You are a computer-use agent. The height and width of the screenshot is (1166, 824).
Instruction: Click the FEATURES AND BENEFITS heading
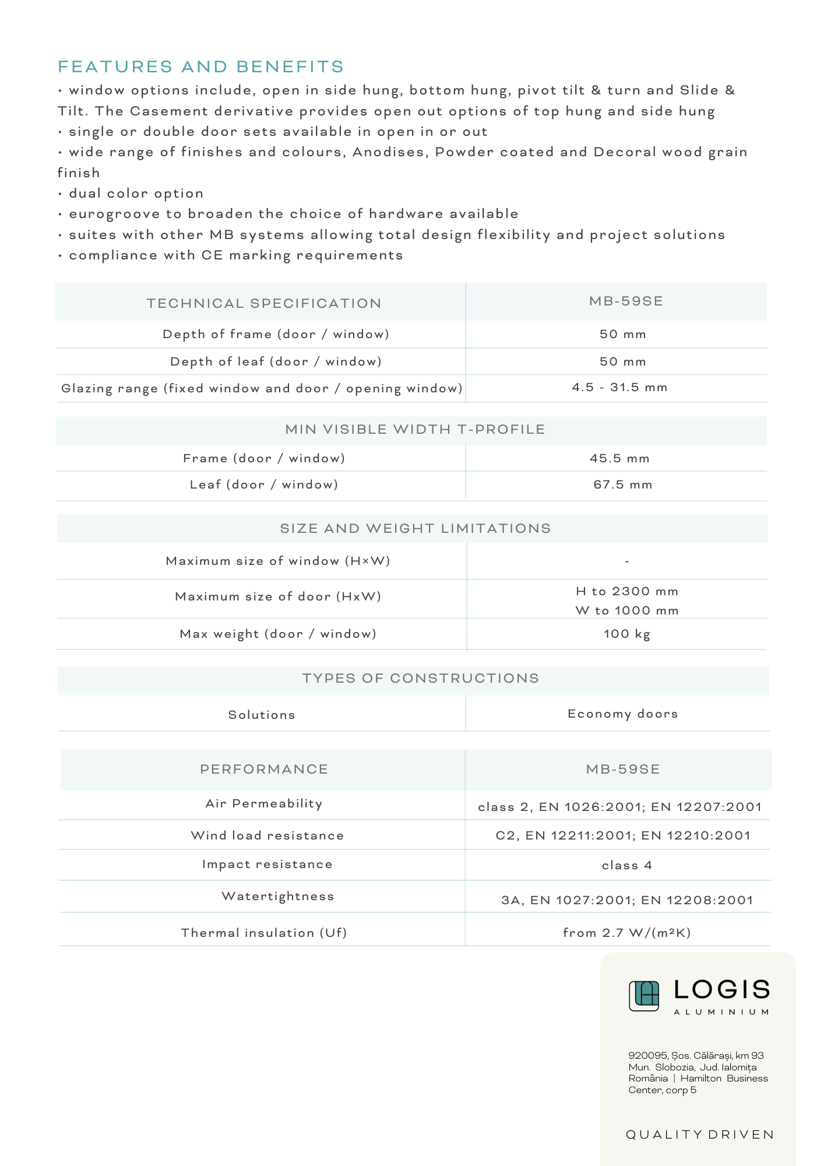[x=201, y=67]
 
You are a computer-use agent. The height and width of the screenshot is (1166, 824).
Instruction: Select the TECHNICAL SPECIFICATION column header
[x=264, y=303]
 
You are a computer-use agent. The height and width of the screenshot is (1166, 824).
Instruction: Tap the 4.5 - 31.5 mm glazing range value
[x=619, y=388]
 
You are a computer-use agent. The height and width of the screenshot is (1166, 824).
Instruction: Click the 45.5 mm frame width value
[x=619, y=459]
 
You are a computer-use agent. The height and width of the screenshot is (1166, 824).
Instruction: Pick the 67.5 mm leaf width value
[x=622, y=485]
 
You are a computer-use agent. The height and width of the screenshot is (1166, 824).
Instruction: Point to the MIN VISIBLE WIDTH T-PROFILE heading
[x=415, y=430]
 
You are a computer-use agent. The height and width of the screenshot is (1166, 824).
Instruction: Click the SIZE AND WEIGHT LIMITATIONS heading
[x=415, y=529]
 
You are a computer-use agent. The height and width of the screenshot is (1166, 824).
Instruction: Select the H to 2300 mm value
[x=627, y=592]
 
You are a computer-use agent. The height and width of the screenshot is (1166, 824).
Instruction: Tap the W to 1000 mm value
[x=627, y=611]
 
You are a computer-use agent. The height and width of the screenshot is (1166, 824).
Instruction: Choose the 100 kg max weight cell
[x=626, y=634]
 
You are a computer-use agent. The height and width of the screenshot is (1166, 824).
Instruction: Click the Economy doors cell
[x=622, y=714]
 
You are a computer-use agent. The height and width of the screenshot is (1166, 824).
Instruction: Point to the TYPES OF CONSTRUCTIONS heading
[x=420, y=679]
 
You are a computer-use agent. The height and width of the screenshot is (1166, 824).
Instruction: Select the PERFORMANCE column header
[x=264, y=770]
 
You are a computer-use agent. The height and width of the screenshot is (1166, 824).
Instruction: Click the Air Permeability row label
[x=264, y=804]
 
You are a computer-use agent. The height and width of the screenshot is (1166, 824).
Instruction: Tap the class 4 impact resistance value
[x=626, y=866]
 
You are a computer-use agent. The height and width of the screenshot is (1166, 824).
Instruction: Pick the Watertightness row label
[x=278, y=897]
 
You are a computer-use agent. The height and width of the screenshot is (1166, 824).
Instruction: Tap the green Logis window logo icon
[x=644, y=996]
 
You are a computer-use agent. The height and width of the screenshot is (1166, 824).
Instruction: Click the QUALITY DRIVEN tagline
[x=699, y=1135]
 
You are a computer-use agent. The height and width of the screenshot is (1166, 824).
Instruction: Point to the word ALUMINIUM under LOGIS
[x=721, y=1012]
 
